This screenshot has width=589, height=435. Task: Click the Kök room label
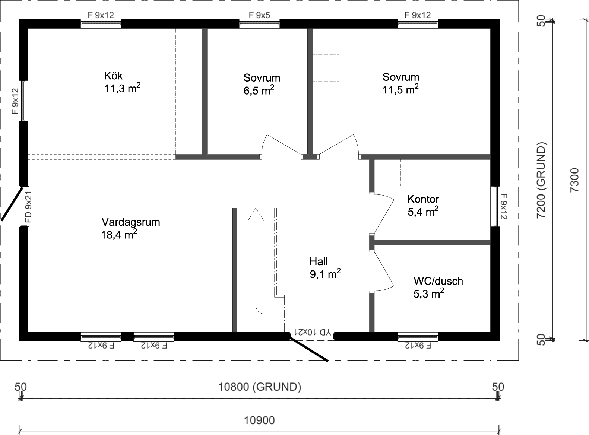point(113,76)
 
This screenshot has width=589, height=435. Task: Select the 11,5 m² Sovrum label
point(400,83)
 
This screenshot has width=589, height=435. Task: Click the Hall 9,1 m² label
point(324,268)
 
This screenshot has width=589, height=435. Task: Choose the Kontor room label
point(423,199)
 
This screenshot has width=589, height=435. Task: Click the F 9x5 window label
point(259,15)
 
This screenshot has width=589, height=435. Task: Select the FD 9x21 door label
point(29,207)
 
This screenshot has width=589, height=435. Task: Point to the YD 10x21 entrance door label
point(312,331)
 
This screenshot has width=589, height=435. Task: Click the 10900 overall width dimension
point(259,420)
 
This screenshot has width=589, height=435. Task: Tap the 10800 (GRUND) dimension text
point(259,387)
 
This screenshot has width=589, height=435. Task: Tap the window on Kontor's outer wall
point(495,206)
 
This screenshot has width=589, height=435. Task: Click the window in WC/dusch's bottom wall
point(418,337)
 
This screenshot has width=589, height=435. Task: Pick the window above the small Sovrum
point(259,23)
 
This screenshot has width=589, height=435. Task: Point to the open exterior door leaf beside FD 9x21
point(11,203)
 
